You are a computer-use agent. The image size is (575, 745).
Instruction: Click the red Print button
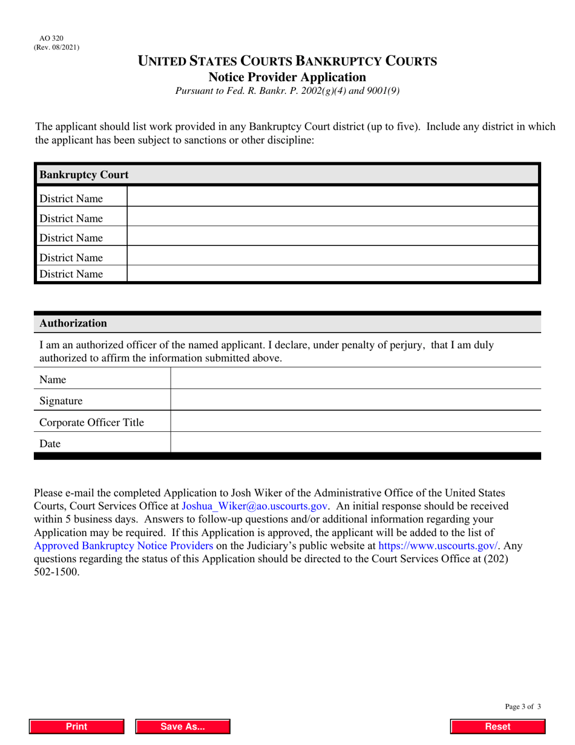point(77,727)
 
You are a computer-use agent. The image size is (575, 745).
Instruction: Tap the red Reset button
point(498,727)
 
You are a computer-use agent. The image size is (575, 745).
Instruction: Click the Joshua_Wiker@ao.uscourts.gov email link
point(255,506)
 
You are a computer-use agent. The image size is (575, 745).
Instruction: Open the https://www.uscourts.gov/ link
point(438,546)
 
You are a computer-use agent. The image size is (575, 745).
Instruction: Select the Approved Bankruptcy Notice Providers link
point(123,546)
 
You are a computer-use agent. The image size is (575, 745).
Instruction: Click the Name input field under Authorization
point(355,379)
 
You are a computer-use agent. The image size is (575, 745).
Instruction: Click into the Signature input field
point(355,400)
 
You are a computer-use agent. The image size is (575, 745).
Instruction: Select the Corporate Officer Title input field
point(355,422)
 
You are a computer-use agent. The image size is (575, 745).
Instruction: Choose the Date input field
point(355,443)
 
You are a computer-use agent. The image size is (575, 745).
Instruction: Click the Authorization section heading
point(73,323)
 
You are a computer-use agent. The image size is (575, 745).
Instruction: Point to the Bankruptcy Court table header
point(84,175)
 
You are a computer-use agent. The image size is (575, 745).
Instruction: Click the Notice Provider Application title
point(287,77)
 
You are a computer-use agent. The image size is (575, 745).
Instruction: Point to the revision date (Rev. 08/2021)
point(56,47)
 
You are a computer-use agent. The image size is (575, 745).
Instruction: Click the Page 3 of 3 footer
point(523,706)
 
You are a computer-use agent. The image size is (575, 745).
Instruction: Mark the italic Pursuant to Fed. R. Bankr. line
point(287,91)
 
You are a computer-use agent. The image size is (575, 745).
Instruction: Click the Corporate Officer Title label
point(91,422)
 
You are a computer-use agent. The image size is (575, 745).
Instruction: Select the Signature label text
point(61,401)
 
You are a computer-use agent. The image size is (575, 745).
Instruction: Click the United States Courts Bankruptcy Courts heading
point(287,61)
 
